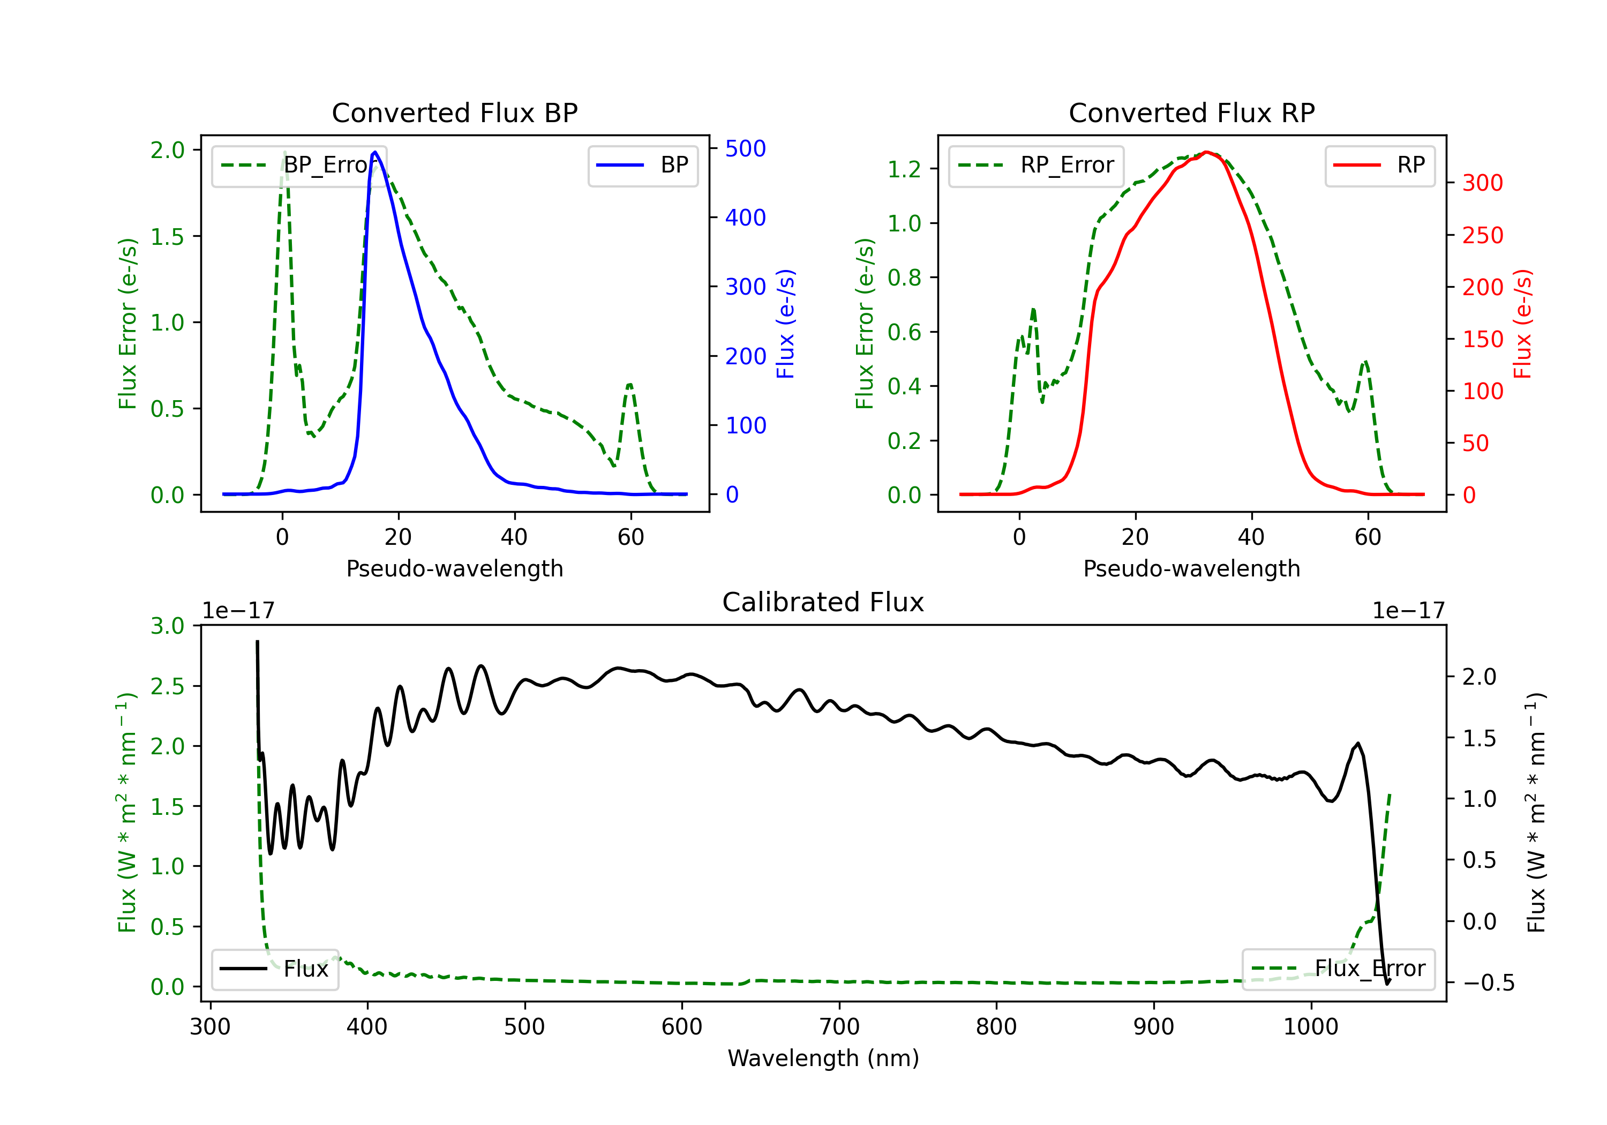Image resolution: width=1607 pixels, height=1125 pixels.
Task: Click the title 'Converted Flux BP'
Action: click(454, 112)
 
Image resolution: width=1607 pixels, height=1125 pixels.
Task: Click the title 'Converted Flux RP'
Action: click(1191, 112)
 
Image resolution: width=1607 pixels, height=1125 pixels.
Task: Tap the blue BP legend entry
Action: click(642, 165)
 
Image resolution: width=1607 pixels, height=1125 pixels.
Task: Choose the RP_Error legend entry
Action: click(1036, 165)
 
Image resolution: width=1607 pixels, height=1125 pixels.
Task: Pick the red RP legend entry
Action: click(1379, 165)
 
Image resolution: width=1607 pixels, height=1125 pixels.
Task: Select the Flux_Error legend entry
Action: click(1338, 969)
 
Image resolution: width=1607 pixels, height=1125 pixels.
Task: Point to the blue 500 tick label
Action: click(746, 148)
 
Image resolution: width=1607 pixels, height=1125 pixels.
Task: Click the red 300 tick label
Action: click(1482, 183)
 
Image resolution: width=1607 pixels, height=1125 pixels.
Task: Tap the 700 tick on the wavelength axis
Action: click(839, 1027)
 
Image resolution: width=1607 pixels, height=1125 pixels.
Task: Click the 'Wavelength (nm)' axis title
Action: click(823, 1058)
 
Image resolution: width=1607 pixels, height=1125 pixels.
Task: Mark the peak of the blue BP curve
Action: click(375, 152)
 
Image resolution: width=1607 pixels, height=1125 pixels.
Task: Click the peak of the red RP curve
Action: click(1206, 152)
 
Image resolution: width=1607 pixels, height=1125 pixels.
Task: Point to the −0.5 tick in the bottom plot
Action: click(1488, 983)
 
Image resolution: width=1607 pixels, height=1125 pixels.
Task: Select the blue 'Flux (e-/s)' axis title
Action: click(785, 324)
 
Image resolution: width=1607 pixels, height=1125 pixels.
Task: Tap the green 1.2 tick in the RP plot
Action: click(904, 169)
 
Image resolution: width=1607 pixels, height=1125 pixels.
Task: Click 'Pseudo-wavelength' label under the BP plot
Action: click(454, 568)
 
